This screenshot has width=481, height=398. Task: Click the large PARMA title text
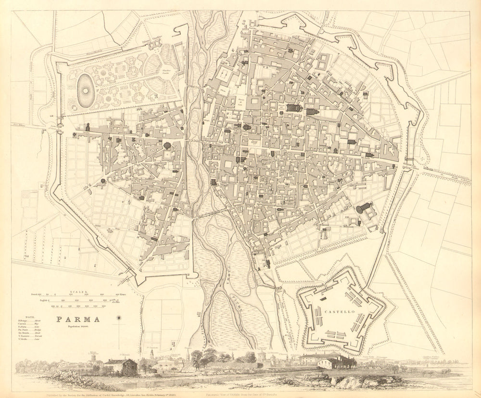(78, 319)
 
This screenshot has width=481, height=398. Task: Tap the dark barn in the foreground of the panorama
(122, 367)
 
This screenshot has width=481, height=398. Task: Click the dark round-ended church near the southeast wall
(364, 208)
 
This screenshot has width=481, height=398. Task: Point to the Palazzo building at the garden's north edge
(155, 43)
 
